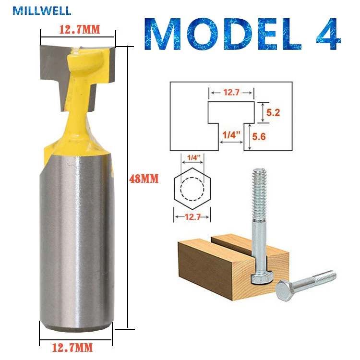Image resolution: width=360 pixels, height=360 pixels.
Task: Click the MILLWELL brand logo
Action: (42, 11)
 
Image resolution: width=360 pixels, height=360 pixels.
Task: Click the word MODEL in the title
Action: (223, 34)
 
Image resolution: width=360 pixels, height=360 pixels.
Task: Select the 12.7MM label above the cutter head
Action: (80, 29)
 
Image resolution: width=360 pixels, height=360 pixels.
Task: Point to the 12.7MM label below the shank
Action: (72, 348)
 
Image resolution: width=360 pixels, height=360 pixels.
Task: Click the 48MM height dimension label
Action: (144, 179)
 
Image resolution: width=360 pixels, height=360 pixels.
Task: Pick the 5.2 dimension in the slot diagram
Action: (273, 112)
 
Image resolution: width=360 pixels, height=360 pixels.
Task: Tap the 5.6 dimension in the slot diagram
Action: (259, 137)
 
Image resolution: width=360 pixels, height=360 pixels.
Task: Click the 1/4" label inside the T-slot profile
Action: (231, 135)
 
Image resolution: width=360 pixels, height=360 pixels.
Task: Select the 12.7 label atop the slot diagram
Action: (231, 92)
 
